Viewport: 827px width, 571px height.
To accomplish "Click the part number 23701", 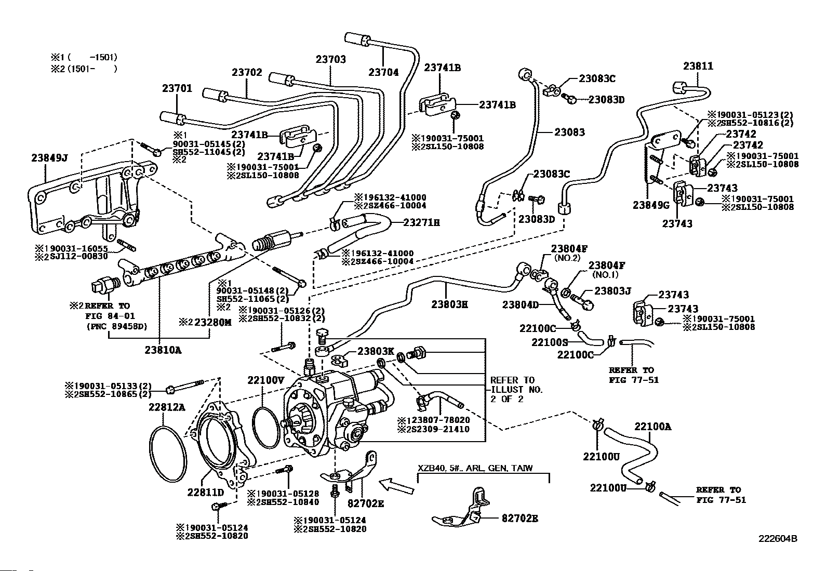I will (177, 88).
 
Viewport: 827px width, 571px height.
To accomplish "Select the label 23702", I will (247, 73).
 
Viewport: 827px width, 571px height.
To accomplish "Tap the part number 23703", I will (330, 59).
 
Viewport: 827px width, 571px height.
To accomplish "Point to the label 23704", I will (383, 73).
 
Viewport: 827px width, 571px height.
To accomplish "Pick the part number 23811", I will (698, 66).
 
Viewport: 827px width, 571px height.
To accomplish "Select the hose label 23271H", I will (421, 223).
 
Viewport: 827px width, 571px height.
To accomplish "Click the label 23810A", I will (163, 350).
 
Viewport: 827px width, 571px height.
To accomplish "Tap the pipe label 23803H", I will (449, 304).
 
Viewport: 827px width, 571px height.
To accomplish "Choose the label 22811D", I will (206, 493).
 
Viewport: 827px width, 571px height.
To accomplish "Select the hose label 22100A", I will (652, 427).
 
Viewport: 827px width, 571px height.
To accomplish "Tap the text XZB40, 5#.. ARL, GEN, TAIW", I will (475, 468).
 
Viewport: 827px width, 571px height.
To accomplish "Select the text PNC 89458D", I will (116, 327).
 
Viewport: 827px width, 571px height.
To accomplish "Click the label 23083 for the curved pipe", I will (569, 132).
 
